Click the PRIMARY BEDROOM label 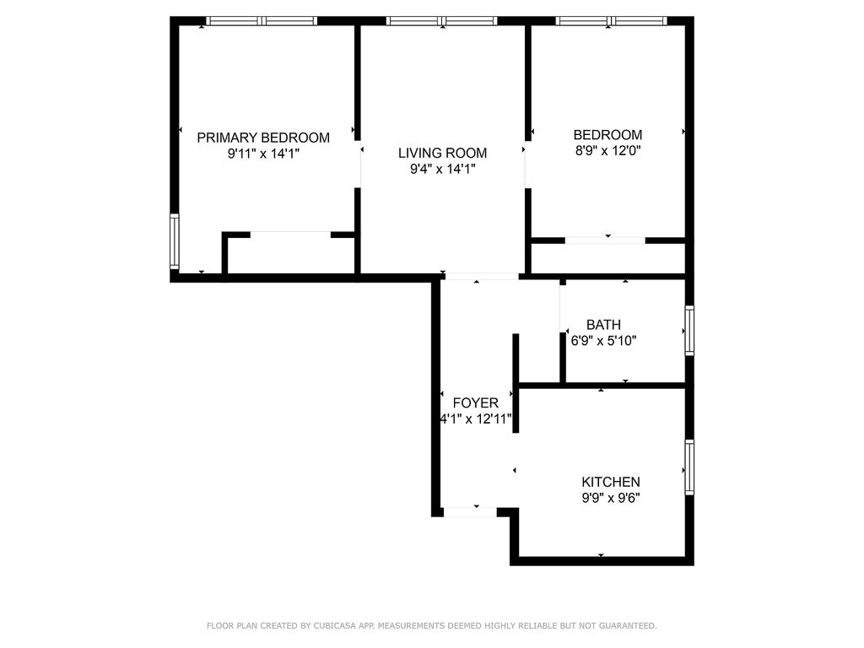263,138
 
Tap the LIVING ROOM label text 442,154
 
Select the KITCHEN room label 611,482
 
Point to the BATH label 603,325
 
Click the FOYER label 476,402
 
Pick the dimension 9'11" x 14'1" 263,154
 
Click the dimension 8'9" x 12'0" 607,150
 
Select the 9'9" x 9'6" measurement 611,498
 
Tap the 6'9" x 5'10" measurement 603,341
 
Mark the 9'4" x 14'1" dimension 442,169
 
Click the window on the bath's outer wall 689,331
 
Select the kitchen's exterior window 689,467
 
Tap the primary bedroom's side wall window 174,241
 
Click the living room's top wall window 442,21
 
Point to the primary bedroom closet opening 290,235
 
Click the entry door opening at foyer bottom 470,512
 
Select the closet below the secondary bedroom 607,258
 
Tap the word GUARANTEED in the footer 628,626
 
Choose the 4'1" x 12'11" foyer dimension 476,418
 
